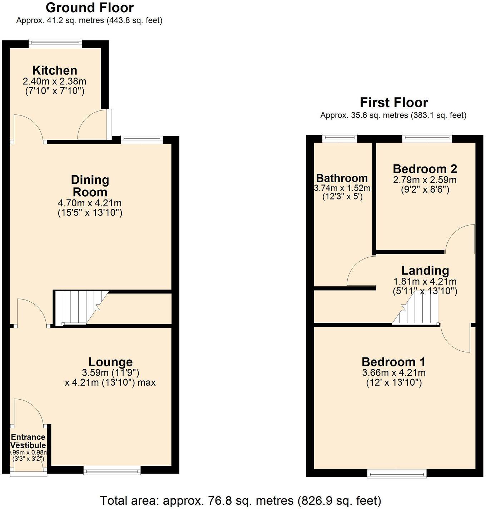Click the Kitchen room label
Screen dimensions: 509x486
point(55,70)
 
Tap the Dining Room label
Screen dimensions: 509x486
point(90,186)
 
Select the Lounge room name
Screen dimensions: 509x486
point(110,362)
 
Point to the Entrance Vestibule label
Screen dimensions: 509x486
point(28,441)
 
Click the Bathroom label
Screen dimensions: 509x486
point(342,178)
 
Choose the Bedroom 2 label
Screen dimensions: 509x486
point(425,169)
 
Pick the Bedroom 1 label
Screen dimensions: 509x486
point(393,362)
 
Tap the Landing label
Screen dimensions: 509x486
point(425,270)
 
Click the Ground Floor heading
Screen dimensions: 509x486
point(90,8)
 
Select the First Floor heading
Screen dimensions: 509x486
point(393,103)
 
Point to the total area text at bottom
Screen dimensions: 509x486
point(240,500)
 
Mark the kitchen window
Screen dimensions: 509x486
point(55,43)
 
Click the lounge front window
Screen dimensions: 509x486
point(112,470)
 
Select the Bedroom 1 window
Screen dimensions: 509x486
point(397,474)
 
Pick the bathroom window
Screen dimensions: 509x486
point(339,138)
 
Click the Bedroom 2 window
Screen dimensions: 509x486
point(427,138)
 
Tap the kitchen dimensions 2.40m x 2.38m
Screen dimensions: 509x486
point(55,81)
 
